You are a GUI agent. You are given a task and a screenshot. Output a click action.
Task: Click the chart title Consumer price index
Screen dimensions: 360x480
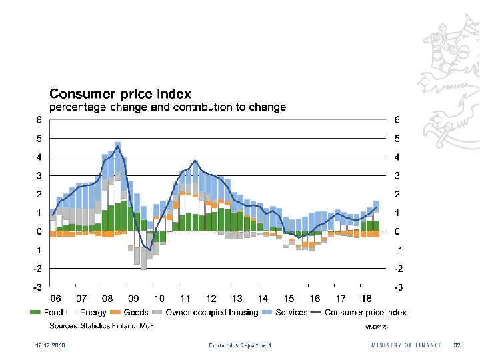[x=121, y=94]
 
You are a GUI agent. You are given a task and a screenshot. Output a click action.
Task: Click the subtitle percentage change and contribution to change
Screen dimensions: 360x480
[x=169, y=107]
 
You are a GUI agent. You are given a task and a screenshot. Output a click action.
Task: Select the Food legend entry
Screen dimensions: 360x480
[x=47, y=312]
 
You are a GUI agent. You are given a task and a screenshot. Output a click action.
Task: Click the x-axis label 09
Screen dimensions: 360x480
[x=133, y=299]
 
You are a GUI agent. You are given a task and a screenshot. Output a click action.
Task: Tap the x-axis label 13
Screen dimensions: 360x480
[x=237, y=299]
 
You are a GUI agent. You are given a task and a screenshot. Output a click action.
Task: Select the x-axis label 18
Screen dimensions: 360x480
[x=366, y=299]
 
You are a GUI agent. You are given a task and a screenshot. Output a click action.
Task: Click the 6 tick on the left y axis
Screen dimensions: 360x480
[x=39, y=120]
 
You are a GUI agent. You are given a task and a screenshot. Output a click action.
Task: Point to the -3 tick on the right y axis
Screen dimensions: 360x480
[x=398, y=287]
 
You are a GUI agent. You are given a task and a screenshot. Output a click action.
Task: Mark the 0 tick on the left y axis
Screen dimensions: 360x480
[x=39, y=231]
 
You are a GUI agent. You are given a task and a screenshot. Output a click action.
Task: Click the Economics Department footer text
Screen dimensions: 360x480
[x=240, y=345]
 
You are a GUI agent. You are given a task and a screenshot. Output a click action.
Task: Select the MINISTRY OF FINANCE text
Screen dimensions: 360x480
[x=407, y=345]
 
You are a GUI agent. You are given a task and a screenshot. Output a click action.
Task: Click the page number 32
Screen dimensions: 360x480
[x=457, y=345]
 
